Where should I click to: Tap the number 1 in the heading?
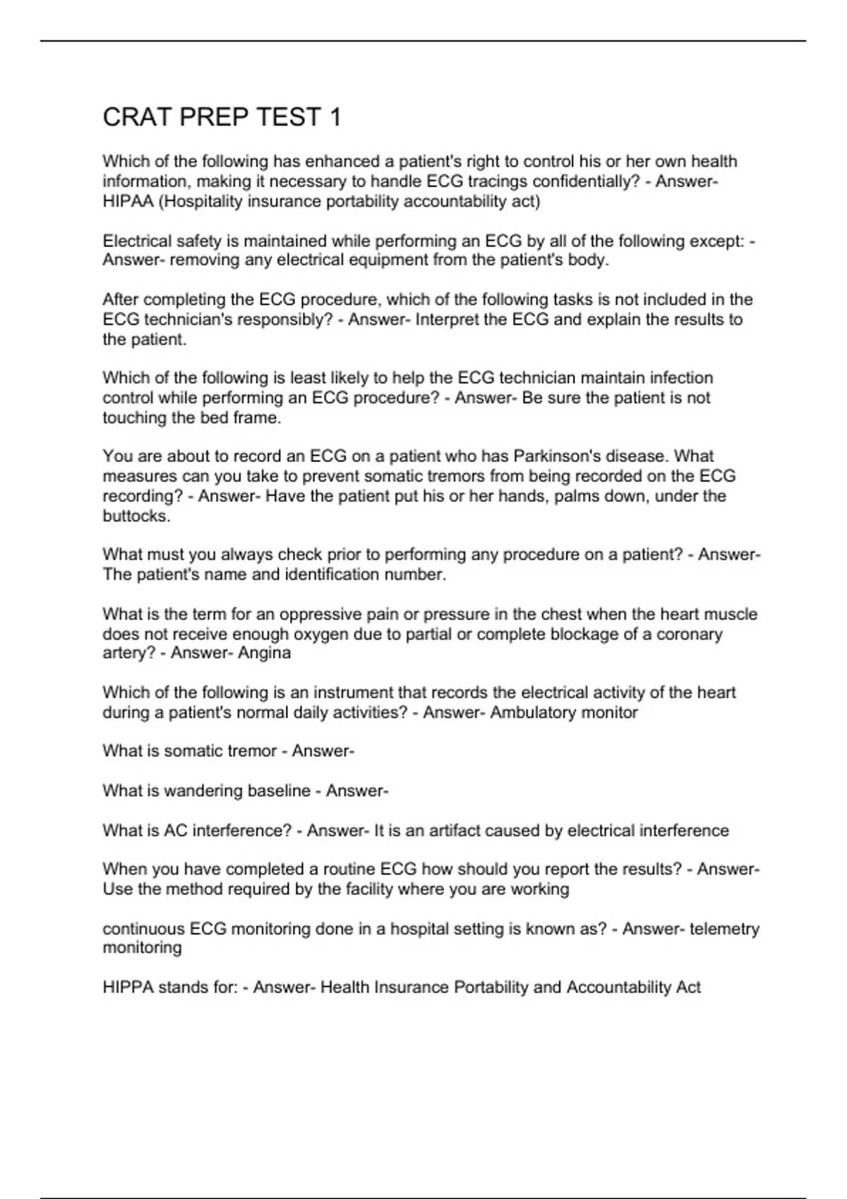335,117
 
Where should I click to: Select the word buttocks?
136,516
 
